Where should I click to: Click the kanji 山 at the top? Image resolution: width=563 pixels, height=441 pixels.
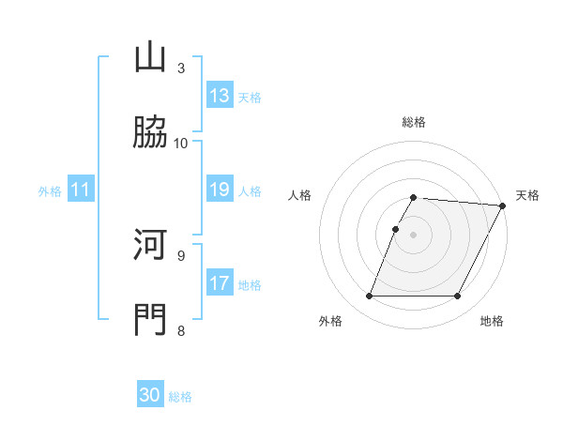tap(150, 58)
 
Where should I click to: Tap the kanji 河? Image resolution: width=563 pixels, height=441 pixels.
tap(150, 246)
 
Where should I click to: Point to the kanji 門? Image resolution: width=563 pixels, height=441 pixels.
tap(150, 319)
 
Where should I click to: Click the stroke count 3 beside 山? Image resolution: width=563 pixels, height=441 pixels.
tap(181, 68)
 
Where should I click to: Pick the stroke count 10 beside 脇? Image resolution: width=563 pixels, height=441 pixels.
tap(181, 143)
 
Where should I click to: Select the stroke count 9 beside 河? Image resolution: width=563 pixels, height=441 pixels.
tap(181, 255)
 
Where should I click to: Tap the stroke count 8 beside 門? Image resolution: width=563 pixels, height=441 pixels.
tap(181, 329)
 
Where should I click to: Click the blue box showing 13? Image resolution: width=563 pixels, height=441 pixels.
tap(220, 96)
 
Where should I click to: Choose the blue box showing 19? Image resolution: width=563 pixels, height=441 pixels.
tap(220, 190)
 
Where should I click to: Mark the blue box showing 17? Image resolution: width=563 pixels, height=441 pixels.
tap(220, 283)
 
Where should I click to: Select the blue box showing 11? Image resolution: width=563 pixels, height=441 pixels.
tap(81, 190)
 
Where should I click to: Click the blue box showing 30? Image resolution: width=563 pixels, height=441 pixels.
tap(150, 395)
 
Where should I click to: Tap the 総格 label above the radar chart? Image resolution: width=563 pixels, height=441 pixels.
tap(414, 122)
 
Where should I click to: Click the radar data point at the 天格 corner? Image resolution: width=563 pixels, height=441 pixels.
tap(502, 205)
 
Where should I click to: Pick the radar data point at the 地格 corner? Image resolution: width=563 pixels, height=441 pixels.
tap(458, 297)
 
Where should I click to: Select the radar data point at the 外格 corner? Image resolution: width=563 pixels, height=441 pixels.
tap(369, 297)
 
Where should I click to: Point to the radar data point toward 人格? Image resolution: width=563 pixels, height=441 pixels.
tap(395, 229)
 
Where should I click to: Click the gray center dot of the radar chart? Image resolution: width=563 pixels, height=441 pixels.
tap(414, 235)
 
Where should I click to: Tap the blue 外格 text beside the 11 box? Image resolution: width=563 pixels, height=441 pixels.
tap(50, 190)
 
